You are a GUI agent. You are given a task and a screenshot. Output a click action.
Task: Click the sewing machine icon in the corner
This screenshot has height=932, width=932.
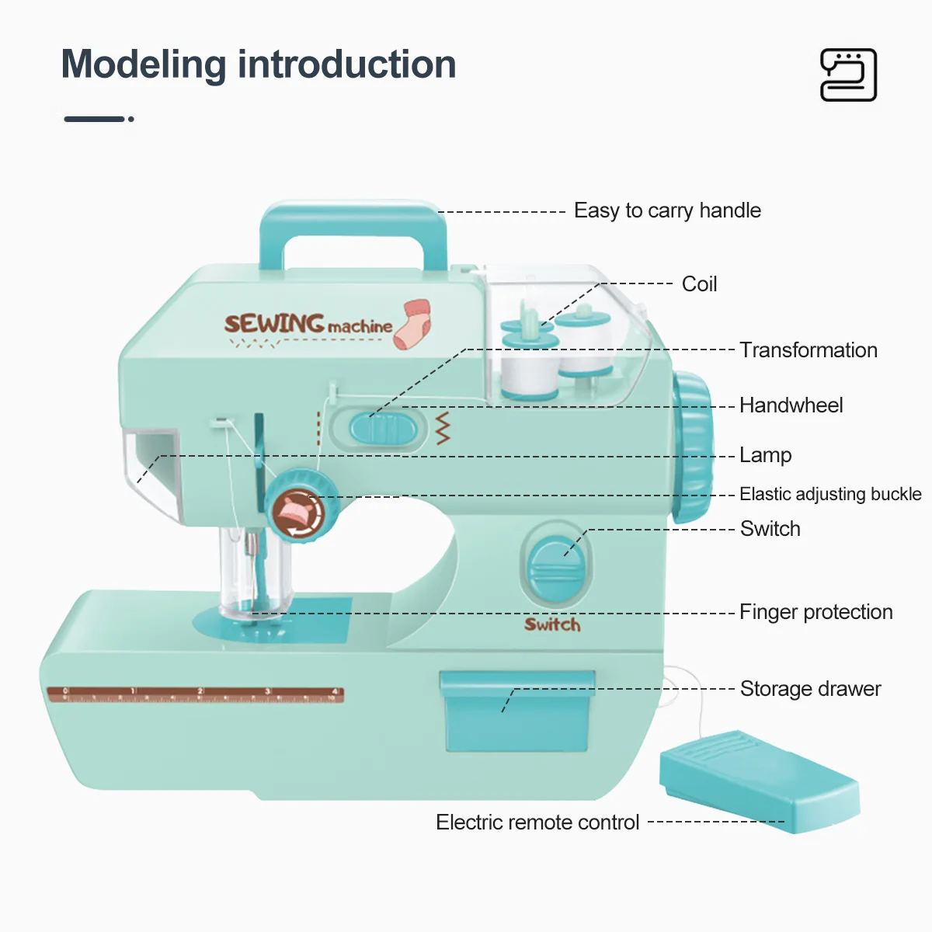coord(848,75)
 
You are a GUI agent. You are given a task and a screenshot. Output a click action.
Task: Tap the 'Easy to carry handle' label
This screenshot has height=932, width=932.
coord(667,210)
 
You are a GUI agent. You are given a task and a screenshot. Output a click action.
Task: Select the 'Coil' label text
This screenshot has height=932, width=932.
coord(699,284)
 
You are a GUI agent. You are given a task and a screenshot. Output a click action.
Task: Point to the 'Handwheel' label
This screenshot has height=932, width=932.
coord(791,405)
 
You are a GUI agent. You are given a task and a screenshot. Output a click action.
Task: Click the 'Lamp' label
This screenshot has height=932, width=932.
coord(765,455)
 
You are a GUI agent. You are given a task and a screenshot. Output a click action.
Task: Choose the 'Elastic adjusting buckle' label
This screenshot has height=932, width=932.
coord(829,494)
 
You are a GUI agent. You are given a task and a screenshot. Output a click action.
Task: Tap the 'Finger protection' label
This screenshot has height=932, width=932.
coord(815,612)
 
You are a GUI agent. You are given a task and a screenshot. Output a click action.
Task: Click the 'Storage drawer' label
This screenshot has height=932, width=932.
coord(810,689)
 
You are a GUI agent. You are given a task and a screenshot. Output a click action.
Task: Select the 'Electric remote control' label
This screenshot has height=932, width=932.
coord(537,822)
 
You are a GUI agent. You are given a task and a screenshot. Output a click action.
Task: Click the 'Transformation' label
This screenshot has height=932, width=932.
coord(808,350)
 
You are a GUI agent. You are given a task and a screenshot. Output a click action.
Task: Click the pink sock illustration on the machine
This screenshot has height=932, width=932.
coord(412,323)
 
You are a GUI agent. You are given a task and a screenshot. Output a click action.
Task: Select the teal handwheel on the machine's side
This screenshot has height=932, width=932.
coord(692,447)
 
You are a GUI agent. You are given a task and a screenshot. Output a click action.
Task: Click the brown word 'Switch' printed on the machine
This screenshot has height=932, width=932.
coord(552,624)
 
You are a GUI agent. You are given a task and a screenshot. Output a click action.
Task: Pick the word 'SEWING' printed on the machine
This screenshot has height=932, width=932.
coord(274,323)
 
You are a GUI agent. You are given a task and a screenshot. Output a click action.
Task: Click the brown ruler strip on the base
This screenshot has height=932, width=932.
coord(195,694)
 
